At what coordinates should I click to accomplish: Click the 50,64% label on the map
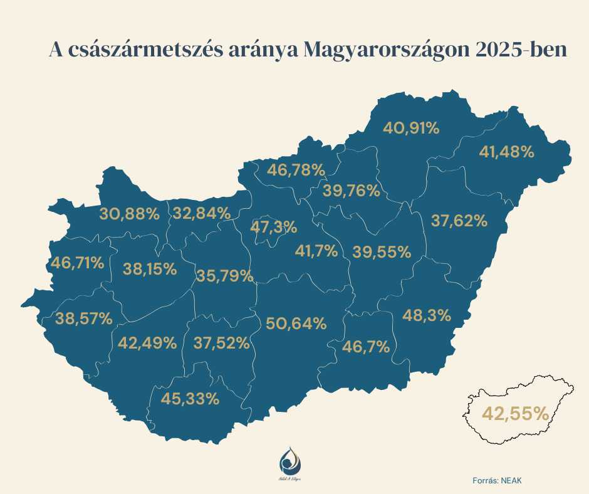pos(296,323)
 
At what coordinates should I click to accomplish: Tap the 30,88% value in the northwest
pos(130,213)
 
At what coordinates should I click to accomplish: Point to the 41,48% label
pos(506,151)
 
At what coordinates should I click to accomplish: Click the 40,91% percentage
pos(411,128)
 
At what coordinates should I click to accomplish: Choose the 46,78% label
pos(296,169)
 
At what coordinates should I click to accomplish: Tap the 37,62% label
pos(459,220)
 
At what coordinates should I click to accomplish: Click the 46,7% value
pos(367,346)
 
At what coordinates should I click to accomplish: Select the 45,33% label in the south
pos(190,398)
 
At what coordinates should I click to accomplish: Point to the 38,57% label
pos(84,318)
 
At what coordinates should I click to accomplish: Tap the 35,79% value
pos(224,275)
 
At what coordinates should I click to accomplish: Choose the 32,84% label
pos(202,213)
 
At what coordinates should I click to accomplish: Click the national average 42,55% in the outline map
pos(515,413)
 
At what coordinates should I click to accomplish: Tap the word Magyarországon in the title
pos(386,51)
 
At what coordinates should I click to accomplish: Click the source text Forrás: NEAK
pos(496,480)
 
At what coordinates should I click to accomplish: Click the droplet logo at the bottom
pos(289,461)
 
